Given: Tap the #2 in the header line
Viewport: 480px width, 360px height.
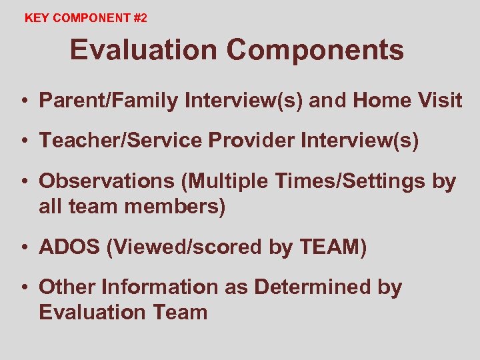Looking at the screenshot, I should click(139, 19).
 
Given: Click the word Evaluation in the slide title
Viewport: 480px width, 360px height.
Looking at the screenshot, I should click(143, 50).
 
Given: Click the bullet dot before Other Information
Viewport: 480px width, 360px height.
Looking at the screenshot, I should click(23, 288).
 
